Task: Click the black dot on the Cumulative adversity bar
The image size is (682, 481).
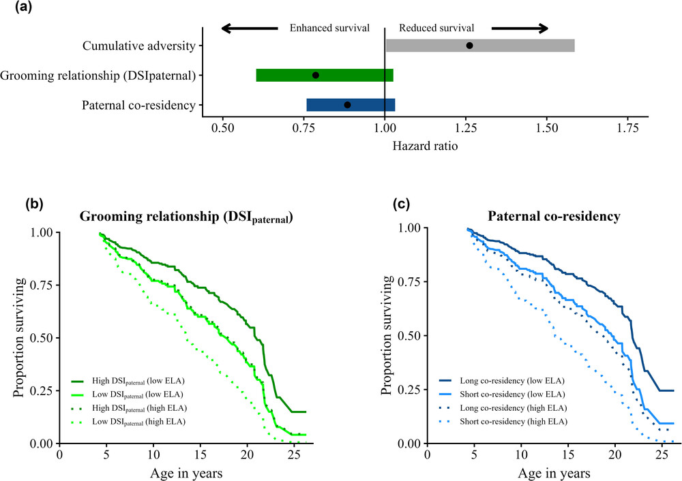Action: pyautogui.click(x=469, y=46)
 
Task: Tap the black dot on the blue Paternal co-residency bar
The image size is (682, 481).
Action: pyautogui.click(x=347, y=105)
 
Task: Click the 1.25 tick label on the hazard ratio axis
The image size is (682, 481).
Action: pyautogui.click(x=466, y=127)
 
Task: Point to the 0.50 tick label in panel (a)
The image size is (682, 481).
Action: pyautogui.click(x=222, y=127)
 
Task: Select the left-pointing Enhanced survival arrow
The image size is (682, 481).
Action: pyautogui.click(x=249, y=28)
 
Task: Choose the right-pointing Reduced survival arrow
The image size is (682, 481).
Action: pyautogui.click(x=520, y=28)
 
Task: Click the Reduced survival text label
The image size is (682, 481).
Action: pyautogui.click(x=436, y=28)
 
